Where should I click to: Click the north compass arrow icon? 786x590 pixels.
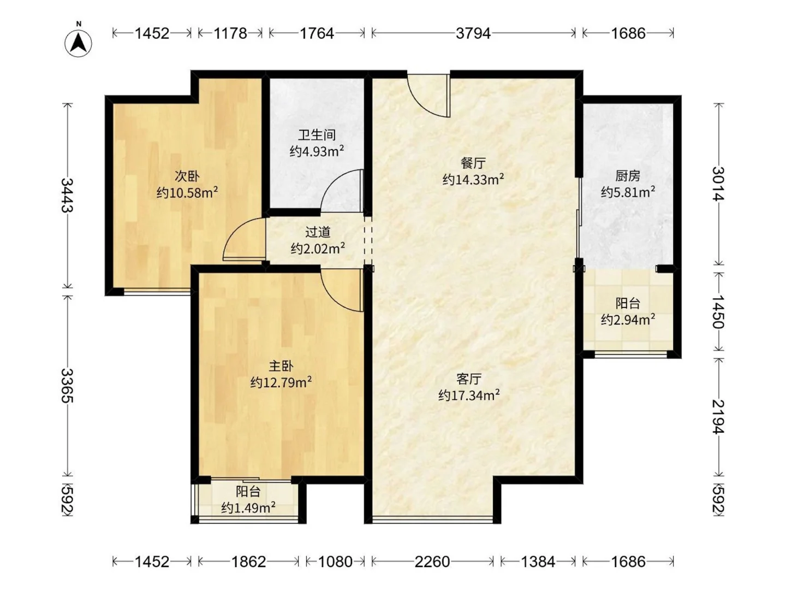79,42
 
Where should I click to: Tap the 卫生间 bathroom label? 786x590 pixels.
317,135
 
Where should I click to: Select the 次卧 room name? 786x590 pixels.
187,176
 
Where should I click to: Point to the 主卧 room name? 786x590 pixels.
281,366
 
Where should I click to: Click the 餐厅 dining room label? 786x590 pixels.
473,163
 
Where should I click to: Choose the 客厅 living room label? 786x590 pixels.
469,379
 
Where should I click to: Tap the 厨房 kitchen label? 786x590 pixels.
628,176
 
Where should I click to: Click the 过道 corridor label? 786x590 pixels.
318,232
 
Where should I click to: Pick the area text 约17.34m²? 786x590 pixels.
469,395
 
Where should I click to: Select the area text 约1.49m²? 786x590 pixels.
248,508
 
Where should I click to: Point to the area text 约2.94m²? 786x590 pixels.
628,320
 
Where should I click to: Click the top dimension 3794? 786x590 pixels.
473,33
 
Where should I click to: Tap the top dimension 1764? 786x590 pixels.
317,33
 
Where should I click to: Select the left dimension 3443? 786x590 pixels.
68,195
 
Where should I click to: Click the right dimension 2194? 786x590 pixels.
718,416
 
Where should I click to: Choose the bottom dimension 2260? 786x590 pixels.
432,562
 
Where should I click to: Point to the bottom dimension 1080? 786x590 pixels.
335,562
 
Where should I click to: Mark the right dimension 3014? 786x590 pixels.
718,184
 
